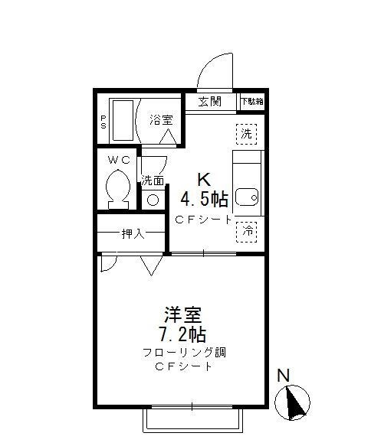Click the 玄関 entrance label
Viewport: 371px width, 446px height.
209,102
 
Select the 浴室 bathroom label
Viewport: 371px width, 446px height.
160,119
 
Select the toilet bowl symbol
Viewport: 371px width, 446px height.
117,187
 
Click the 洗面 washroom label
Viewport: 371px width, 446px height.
153,181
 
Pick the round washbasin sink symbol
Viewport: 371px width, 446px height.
153,200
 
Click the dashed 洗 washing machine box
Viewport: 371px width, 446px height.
247,133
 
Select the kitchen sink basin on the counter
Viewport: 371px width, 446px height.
246,197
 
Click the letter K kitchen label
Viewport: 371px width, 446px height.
203,181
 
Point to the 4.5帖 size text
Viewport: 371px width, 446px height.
204,200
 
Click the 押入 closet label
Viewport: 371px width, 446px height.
133,233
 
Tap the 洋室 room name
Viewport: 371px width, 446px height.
182,314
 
